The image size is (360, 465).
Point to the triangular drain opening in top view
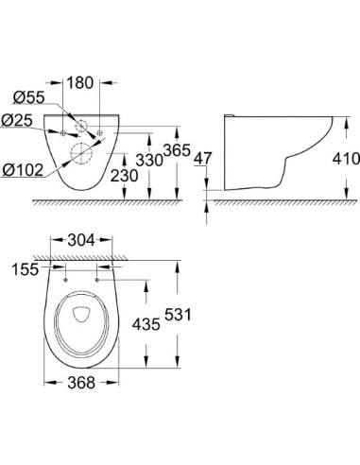click(81, 315)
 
